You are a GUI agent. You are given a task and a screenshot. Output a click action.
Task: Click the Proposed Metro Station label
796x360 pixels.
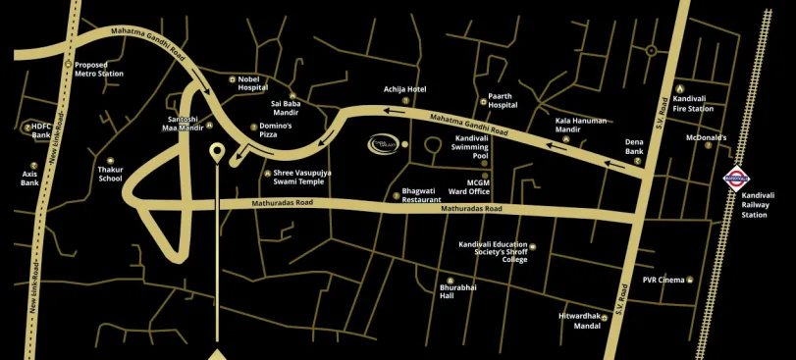click(99, 70)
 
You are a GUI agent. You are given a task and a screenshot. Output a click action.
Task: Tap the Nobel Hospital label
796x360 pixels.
click(252, 83)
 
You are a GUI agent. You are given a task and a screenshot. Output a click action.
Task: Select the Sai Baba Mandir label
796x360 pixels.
click(285, 108)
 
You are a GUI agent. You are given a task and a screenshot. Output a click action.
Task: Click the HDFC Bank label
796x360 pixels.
click(40, 130)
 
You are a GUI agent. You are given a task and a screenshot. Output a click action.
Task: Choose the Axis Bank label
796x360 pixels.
click(29, 178)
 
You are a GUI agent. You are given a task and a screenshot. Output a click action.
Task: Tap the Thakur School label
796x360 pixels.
click(110, 174)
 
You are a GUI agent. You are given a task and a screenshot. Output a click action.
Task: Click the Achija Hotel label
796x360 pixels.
click(404, 90)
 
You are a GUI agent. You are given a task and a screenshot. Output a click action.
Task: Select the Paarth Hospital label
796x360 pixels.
click(503, 101)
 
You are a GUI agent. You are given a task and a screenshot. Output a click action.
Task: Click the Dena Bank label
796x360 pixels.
click(634, 147)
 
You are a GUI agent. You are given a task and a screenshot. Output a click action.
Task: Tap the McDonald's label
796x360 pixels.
click(706, 138)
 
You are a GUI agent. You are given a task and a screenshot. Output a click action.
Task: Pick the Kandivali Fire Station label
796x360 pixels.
click(694, 104)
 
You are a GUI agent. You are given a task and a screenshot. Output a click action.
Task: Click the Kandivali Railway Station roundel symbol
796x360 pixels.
click(736, 178)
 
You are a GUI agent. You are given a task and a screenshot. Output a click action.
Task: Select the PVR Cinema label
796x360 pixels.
click(663, 281)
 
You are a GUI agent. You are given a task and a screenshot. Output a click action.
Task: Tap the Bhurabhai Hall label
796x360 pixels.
click(457, 291)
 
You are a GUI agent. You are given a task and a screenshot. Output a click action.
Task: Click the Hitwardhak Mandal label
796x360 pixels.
click(579, 321)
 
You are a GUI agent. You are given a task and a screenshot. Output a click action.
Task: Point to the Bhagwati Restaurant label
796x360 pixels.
click(421, 195)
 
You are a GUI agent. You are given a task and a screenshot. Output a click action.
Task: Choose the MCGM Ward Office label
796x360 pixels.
click(478, 186)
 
